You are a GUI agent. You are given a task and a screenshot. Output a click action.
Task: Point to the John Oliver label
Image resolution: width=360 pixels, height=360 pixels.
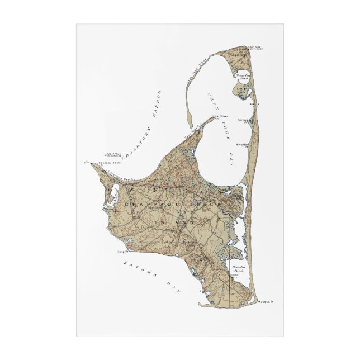coord(220,116)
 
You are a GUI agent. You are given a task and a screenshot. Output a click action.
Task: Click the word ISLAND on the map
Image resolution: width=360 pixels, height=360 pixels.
coord(178,222)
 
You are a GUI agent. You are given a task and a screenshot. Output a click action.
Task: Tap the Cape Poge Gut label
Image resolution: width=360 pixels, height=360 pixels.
coord(192,134)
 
